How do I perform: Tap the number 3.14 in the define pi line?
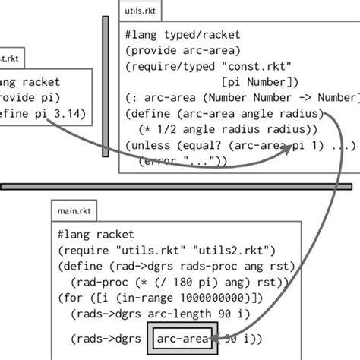(71, 114)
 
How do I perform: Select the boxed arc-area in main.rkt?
(185, 338)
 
